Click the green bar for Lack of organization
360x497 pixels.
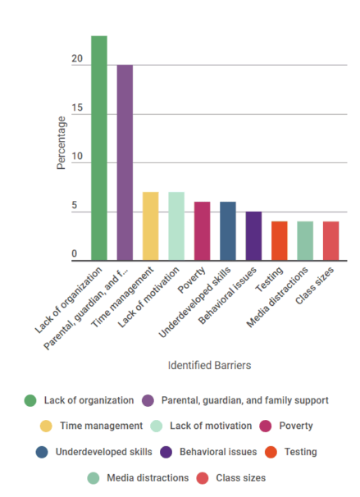point(99,148)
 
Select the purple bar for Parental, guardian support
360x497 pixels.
point(125,163)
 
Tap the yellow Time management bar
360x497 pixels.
point(151,227)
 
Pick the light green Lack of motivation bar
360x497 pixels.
point(176,227)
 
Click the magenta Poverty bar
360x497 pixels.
point(202,232)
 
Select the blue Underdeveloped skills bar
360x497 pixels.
point(228,232)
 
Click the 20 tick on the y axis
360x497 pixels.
point(76,60)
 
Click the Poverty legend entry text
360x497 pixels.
point(296,426)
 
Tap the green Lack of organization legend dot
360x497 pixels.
point(30,400)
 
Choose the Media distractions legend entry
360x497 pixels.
point(148,477)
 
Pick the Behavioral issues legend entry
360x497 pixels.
point(216,452)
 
